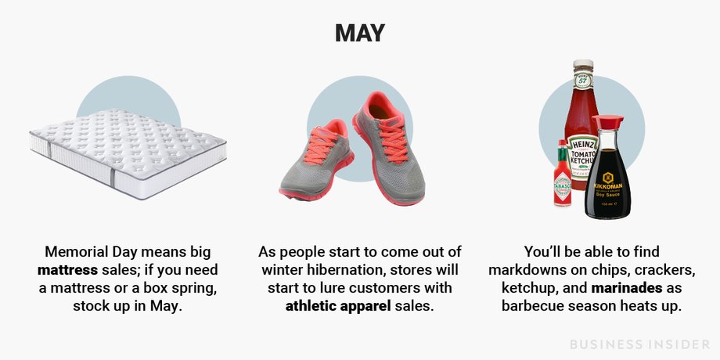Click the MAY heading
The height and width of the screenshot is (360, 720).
point(359,33)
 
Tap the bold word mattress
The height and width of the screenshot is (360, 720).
point(67,269)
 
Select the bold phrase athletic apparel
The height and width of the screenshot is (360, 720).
point(337,306)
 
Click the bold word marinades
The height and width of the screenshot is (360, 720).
point(627,288)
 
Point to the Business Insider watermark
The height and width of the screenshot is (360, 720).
point(639,344)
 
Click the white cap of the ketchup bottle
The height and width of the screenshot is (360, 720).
point(583,64)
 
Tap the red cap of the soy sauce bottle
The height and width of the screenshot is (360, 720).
point(607,122)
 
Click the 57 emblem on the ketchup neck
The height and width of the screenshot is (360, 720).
point(583,81)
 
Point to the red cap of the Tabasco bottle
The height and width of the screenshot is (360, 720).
point(561,145)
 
